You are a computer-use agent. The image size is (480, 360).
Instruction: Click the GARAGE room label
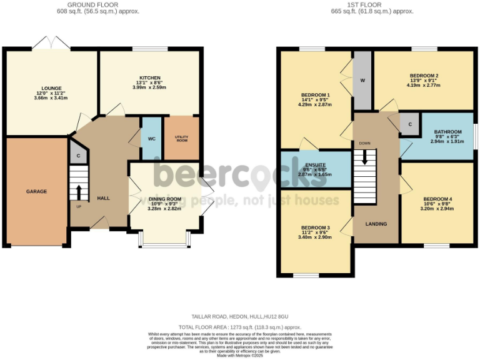[36, 191]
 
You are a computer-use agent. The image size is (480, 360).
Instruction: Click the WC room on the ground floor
[151, 137]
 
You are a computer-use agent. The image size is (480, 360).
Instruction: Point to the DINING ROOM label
[165, 199]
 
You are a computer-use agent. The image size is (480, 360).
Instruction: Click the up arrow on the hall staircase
[79, 191]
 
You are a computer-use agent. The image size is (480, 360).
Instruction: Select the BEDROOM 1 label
[316, 95]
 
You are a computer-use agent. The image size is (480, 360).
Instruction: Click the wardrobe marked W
[362, 81]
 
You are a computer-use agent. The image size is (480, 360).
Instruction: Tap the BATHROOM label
[447, 132]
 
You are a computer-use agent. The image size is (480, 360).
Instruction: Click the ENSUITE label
[315, 165]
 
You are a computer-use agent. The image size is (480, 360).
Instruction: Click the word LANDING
[376, 224]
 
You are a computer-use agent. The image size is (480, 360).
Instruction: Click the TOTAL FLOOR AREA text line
[240, 327]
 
